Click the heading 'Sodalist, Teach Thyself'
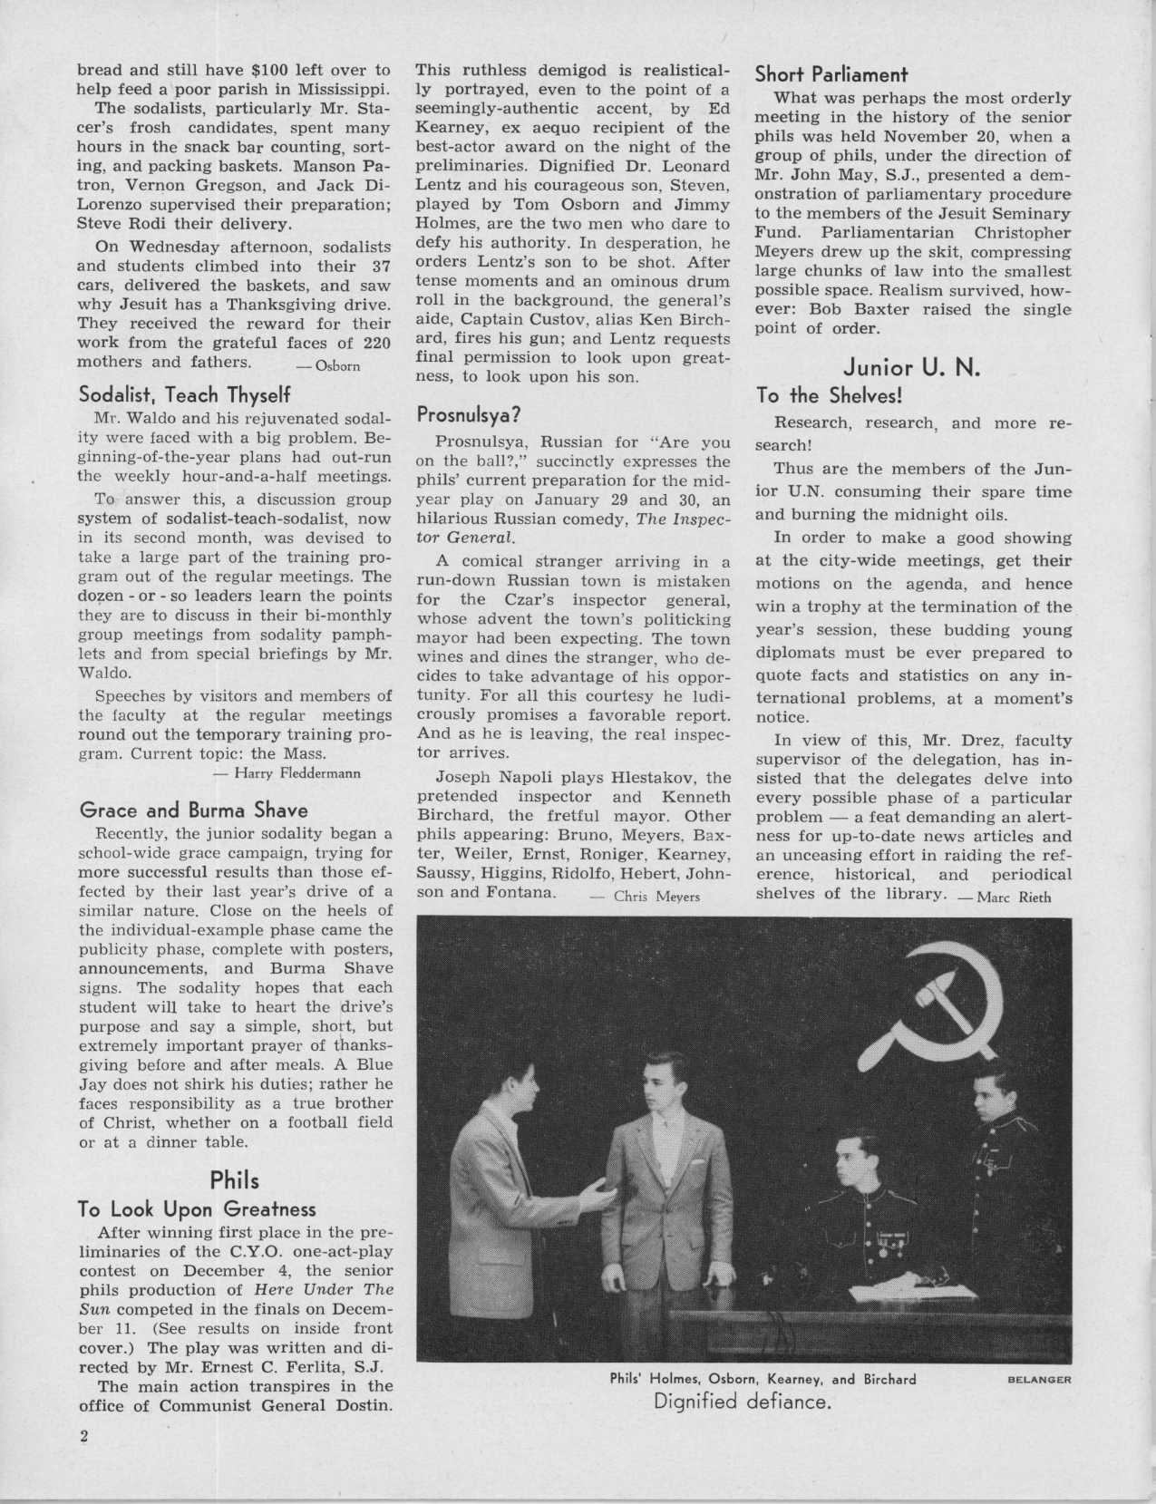[x=184, y=395]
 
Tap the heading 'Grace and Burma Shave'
[x=193, y=810]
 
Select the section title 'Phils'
[x=234, y=1179]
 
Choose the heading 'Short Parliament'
[x=831, y=74]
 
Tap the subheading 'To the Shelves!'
[x=829, y=395]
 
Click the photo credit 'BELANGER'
[x=1039, y=1381]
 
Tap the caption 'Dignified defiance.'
[x=743, y=1402]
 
